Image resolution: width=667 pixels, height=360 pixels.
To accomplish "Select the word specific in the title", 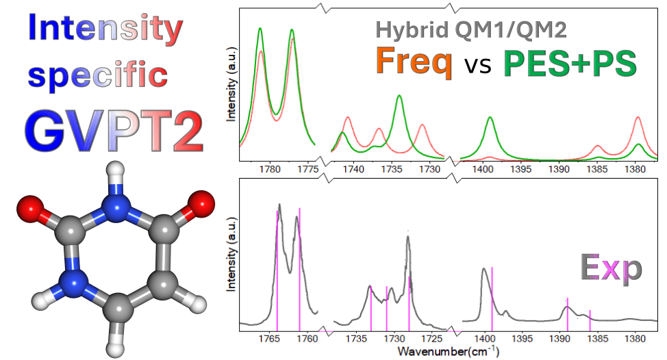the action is (x=98, y=75).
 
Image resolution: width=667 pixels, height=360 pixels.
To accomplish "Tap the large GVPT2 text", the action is (x=114, y=131).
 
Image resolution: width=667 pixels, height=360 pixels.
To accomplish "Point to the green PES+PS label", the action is (x=570, y=64).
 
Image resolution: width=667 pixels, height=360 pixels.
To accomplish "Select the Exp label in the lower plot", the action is (x=612, y=268).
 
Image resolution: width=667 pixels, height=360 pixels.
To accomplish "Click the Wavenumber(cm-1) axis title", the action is (x=449, y=352).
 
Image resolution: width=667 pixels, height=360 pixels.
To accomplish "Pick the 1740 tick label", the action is (x=353, y=169).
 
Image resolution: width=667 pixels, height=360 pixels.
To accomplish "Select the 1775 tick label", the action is (x=308, y=169).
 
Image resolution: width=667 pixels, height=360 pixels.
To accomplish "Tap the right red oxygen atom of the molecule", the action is (x=201, y=204).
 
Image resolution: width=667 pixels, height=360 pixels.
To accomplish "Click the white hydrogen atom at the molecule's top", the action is (x=116, y=171).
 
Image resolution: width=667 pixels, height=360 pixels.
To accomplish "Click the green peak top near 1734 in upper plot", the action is (x=399, y=96).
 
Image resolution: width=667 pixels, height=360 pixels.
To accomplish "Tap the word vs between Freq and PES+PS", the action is (x=478, y=66).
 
